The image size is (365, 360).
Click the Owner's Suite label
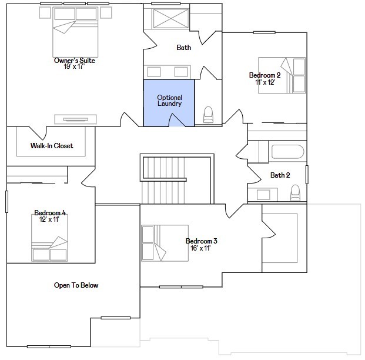(74, 61)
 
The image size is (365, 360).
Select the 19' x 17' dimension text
(74, 67)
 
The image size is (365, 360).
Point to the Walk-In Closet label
(52, 146)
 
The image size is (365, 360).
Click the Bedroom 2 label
(264, 75)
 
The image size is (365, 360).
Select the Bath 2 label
(280, 175)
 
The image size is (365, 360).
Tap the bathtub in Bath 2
(287, 152)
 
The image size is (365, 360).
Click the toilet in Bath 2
(295, 192)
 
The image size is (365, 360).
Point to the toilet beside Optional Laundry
(208, 114)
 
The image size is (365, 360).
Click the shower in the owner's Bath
(170, 18)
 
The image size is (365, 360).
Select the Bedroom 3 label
(202, 241)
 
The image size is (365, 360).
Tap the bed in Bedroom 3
(164, 243)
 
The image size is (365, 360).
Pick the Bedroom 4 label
(50, 212)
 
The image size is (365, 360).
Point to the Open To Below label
(76, 285)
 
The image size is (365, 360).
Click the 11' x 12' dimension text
(265, 82)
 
